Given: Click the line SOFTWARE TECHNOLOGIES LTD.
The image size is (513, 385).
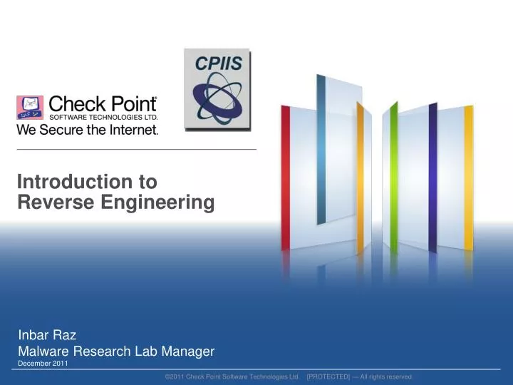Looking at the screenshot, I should pyautogui.click(x=103, y=116).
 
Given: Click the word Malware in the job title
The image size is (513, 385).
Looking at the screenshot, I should pyautogui.click(x=41, y=351).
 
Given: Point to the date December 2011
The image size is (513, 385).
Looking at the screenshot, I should pyautogui.click(x=42, y=364).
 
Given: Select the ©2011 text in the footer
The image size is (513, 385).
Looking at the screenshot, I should pyautogui.click(x=175, y=376).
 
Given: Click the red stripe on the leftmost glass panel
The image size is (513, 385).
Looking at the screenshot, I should pyautogui.click(x=286, y=178).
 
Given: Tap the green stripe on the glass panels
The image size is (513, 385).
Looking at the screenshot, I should pyautogui.click(x=393, y=178).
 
